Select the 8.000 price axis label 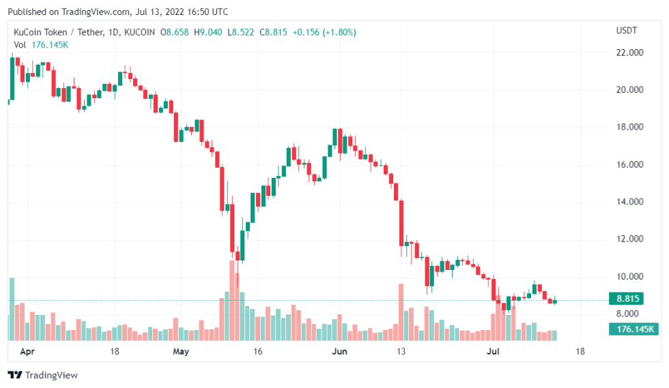tap(629, 314)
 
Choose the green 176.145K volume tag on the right tap(632, 329)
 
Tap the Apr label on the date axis tap(27, 352)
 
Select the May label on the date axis tap(180, 352)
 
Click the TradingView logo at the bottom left tap(42, 375)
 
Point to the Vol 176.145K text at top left tap(41, 44)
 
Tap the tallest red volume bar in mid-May tap(232, 300)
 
